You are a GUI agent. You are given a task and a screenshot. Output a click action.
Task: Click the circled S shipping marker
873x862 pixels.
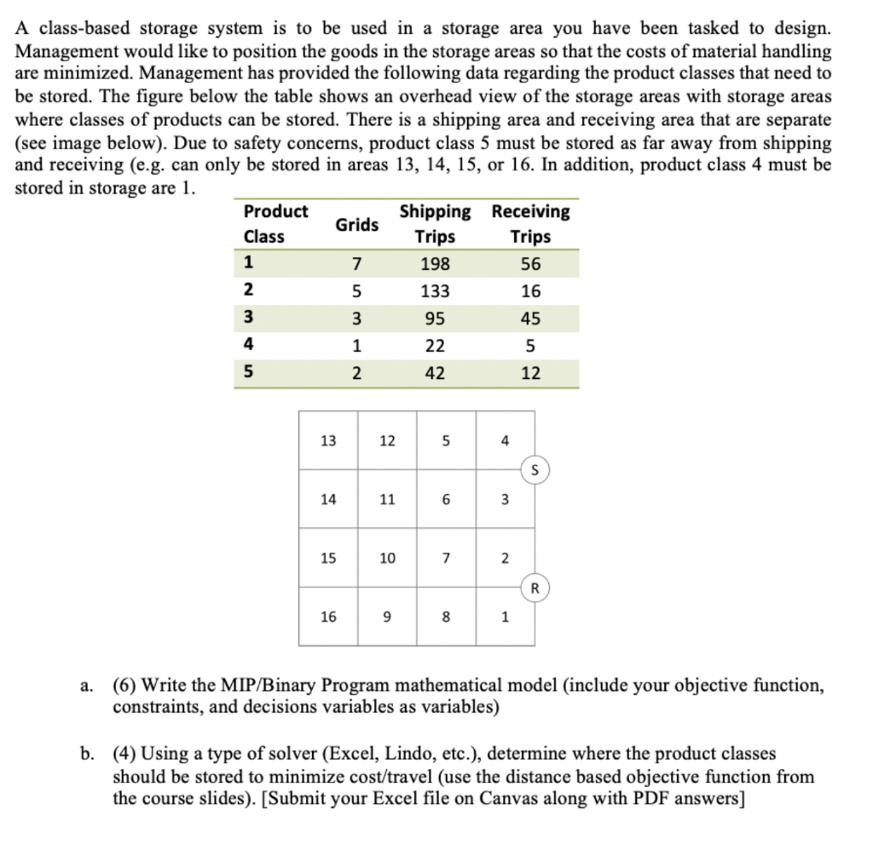pos(535,469)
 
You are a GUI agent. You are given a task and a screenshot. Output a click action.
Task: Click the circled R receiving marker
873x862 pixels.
pos(535,587)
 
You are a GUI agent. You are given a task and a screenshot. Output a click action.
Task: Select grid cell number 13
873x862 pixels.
pos(327,440)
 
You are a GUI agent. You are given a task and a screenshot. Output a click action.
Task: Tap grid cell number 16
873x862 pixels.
pos(327,618)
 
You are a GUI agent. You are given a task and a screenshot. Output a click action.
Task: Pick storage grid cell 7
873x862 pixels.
pos(446,558)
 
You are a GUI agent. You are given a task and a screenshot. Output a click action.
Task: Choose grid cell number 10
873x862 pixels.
pos(387,558)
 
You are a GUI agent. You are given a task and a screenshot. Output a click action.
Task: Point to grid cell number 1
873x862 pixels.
pos(506,618)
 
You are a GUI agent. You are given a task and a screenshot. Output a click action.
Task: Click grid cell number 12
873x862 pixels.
pos(387,440)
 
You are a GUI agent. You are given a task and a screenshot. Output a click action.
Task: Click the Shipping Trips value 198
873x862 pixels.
pos(435,264)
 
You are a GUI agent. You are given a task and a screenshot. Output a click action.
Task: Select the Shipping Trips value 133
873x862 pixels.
pos(435,291)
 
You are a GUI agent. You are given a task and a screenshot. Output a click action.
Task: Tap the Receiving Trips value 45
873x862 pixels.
pos(530,319)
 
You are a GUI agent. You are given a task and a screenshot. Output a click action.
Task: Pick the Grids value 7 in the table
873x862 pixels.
pos(356,264)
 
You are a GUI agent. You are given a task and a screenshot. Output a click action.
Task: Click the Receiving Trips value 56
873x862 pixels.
pos(530,264)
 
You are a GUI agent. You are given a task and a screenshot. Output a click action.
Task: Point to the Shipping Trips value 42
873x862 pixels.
pos(435,373)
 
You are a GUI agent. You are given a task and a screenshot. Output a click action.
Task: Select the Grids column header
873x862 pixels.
pos(356,224)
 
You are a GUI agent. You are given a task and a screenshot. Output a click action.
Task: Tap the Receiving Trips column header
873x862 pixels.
pos(530,223)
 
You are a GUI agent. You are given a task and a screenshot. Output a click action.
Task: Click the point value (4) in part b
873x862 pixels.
pos(126,754)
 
